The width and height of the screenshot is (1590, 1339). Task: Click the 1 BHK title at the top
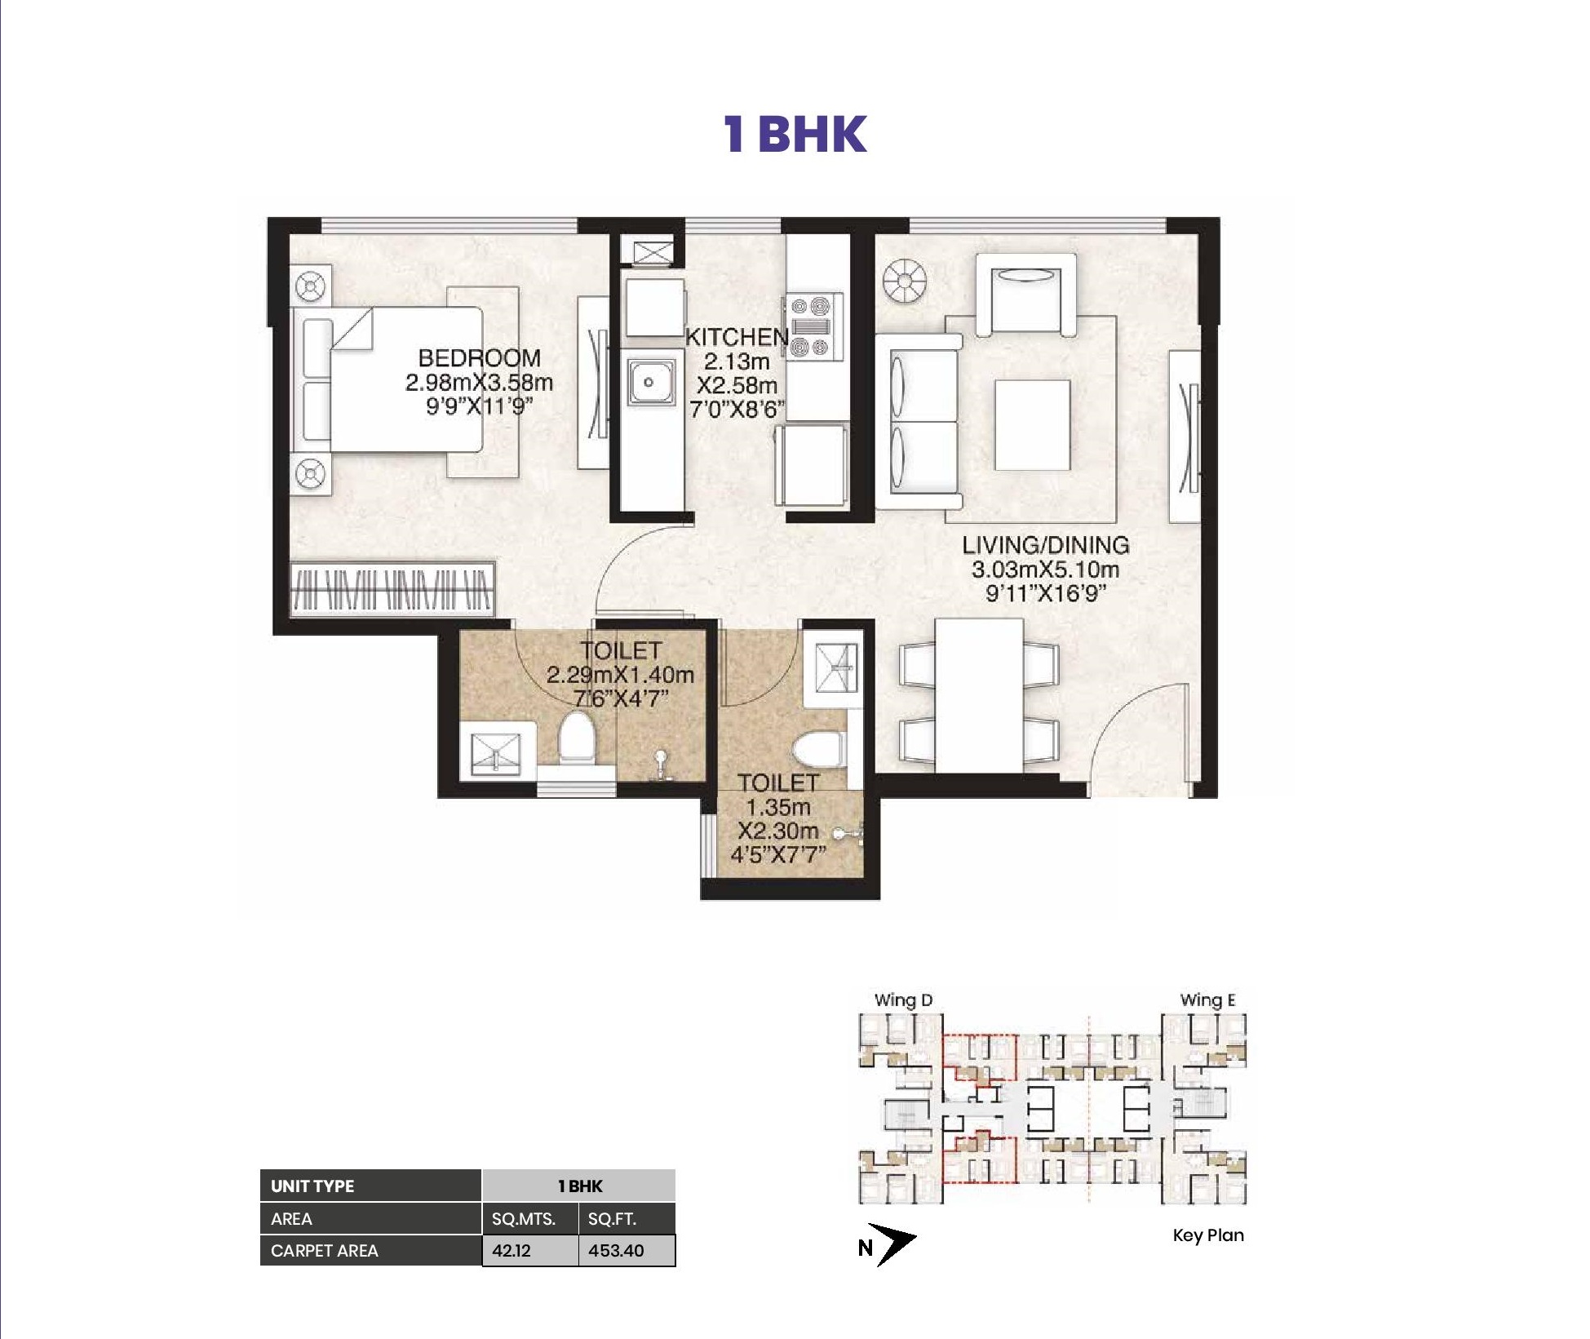pos(795,135)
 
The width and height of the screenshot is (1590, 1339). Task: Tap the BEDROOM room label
pos(480,357)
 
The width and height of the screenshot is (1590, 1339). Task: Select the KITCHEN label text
pos(737,336)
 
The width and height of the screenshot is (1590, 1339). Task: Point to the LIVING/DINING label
pos(1046,544)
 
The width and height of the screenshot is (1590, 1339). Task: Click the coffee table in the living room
pos(1032,424)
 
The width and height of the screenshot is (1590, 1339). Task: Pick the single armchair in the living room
pos(1025,293)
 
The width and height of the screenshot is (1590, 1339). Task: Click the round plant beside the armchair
pos(904,282)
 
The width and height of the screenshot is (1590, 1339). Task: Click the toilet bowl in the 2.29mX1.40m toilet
pos(576,739)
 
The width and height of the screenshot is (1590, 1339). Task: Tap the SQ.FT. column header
pos(613,1219)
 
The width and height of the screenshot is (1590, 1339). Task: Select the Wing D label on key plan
pos(903,1000)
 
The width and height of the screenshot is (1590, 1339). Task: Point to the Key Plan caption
pos(1208,1235)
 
